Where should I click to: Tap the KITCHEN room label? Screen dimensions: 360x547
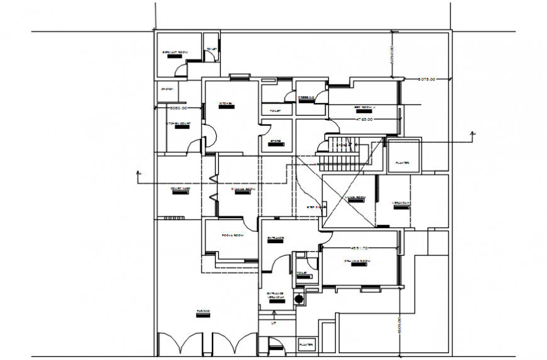pos(226,104)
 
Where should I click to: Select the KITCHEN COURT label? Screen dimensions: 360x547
pos(178,124)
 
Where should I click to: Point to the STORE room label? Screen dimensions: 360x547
pos(275,141)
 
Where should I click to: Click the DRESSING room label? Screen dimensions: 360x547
pos(306,97)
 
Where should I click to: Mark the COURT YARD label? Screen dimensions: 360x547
pos(181,188)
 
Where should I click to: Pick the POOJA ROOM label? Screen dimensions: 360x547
pos(232,235)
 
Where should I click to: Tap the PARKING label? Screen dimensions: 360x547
pos(202,312)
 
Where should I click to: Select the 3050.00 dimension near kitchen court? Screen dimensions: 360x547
pos(179,108)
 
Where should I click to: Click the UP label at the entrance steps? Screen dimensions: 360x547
pos(273,324)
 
